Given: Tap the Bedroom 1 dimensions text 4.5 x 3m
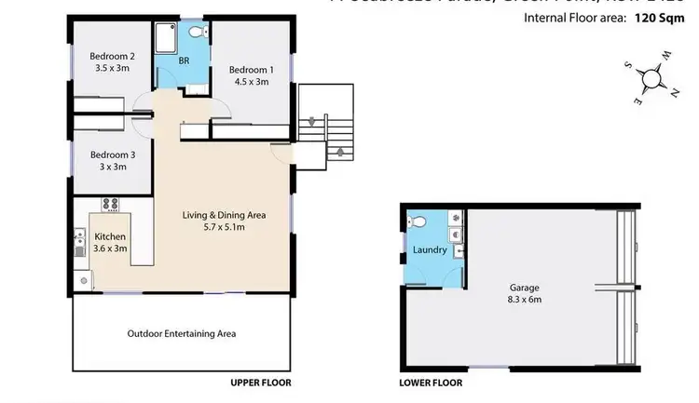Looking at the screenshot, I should pos(251,82).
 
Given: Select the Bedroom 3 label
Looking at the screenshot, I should pos(108,154).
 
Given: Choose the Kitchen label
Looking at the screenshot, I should pos(110,236).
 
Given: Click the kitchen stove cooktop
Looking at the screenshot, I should pos(111,205).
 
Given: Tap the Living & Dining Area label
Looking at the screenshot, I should pos(224,215).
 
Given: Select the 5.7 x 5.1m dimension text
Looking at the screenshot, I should pos(224,227).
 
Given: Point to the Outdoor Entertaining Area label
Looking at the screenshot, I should pos(181,333).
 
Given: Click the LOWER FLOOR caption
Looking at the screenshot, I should pos(432,383).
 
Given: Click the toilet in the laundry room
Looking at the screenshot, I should pos(418,222).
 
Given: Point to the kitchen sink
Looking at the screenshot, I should pos(79,244).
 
